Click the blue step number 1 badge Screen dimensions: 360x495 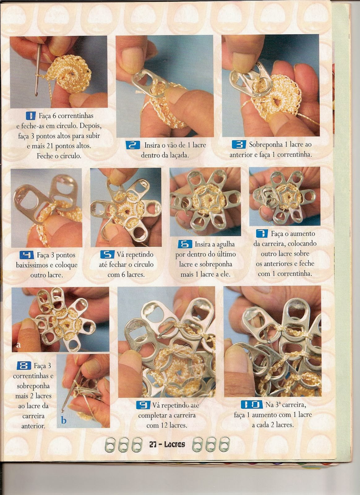(x=31, y=116)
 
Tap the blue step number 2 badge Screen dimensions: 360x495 (x=133, y=145)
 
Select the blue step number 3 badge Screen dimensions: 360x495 (x=239, y=144)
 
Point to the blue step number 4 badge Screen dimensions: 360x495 (x=27, y=255)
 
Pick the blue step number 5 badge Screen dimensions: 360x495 (x=107, y=254)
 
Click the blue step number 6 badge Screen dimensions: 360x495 (x=185, y=244)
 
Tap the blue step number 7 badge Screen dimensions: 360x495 (x=262, y=234)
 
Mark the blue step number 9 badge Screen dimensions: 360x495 (x=144, y=405)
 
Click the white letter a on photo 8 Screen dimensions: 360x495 (x=19, y=345)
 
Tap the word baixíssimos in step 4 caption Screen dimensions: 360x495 (x=32, y=265)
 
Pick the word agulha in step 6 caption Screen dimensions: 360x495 (x=225, y=245)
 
